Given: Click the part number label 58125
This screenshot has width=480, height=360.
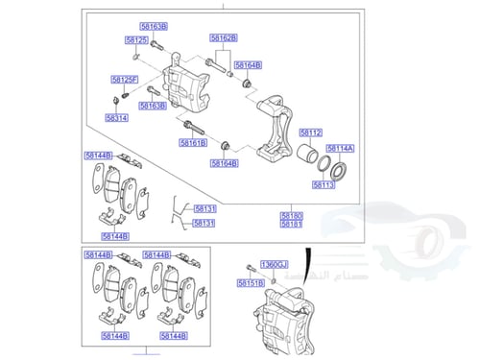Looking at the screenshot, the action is [136, 40].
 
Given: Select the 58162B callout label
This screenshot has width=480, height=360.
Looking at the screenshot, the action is [224, 37].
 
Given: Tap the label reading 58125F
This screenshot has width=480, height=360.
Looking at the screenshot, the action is [124, 79].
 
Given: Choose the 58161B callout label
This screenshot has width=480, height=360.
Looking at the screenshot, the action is [193, 143].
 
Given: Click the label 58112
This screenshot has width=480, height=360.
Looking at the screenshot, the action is [310, 132].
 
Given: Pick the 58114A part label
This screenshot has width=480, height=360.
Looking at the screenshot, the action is [341, 148].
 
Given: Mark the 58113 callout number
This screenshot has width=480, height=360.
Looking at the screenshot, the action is [324, 183].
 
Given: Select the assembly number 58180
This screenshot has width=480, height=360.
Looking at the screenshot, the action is [292, 215].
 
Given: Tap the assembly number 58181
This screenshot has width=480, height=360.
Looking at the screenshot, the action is [292, 225].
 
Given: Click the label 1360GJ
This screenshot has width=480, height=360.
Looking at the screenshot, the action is [275, 262].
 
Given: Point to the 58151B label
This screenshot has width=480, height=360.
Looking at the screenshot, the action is [251, 283].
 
